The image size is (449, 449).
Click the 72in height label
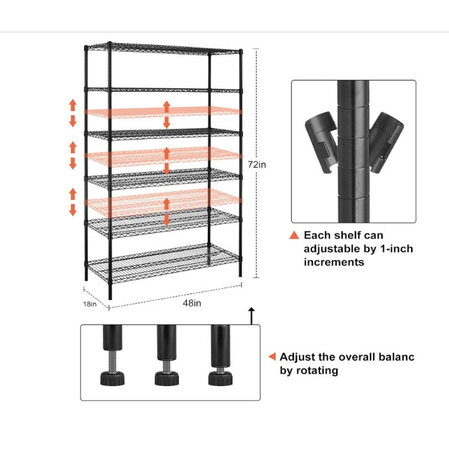(257, 164)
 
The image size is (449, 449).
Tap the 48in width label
(192, 303)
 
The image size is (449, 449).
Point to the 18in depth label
(90, 304)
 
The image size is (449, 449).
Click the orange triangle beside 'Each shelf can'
(294, 235)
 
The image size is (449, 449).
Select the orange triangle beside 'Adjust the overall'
(272, 356)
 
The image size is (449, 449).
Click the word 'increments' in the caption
(334, 262)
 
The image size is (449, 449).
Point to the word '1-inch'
(396, 249)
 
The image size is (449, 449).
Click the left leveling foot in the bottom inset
(112, 378)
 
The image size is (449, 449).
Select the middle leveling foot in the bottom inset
(167, 378)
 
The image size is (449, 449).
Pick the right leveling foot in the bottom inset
(220, 378)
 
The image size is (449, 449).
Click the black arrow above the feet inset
(251, 316)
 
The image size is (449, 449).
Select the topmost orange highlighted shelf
(163, 112)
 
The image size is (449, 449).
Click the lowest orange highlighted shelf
(163, 203)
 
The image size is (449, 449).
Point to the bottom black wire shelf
(163, 263)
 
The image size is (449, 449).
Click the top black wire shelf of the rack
(163, 49)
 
